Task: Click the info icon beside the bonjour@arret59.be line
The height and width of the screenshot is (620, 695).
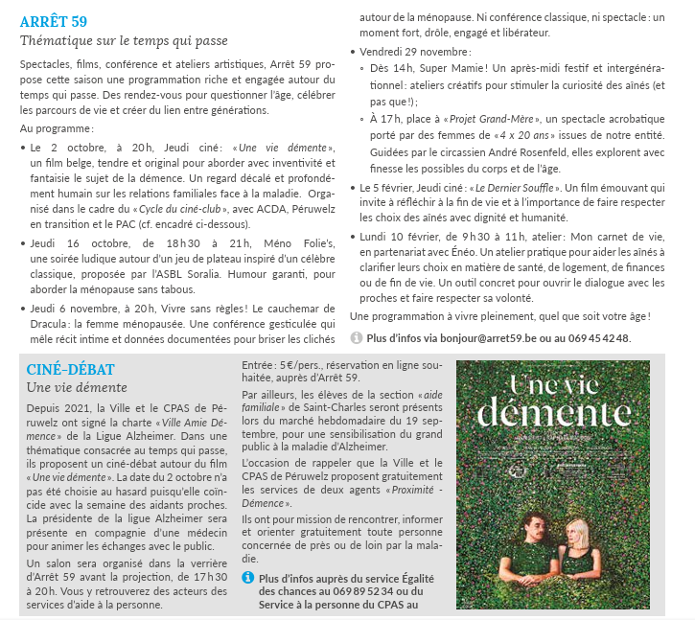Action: (357, 337)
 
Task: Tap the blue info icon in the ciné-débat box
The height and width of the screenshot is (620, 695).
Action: (248, 578)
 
